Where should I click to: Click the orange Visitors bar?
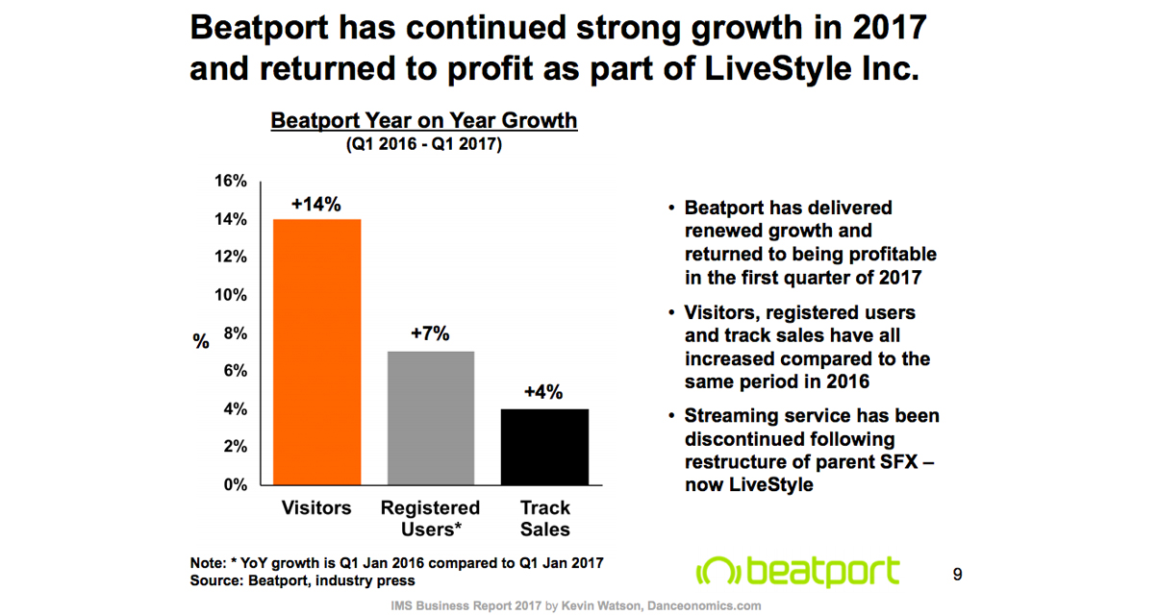pos(316,352)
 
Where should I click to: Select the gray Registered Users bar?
pos(430,418)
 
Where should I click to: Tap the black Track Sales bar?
pos(543,447)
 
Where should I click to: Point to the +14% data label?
pos(316,204)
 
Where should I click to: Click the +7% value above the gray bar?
pos(430,334)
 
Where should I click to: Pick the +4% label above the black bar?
pos(543,392)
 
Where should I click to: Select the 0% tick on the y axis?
pos(235,484)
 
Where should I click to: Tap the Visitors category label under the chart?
pos(316,507)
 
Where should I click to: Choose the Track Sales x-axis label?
pos(544,518)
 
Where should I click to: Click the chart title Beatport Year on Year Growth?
pos(424,121)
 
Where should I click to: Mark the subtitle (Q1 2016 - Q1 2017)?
pos(424,145)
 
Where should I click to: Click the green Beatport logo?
pos(797,570)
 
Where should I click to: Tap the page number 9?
pos(957,575)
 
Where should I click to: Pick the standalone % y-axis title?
pos(201,342)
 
